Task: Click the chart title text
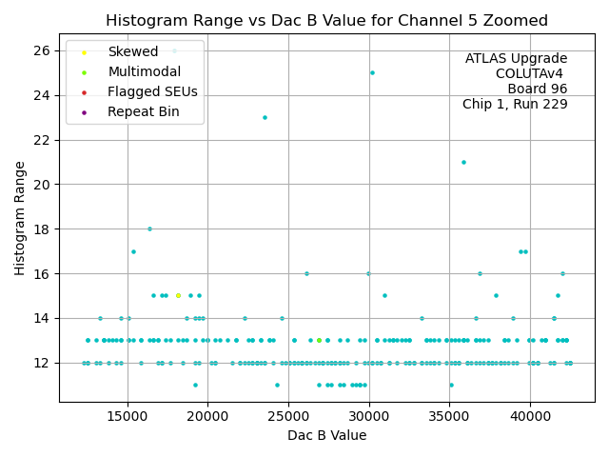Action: point(326,20)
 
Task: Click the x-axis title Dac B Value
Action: point(326,435)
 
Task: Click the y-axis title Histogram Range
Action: point(20,218)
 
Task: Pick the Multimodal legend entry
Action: point(139,71)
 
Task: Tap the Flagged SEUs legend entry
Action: point(152,91)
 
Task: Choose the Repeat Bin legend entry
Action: point(142,111)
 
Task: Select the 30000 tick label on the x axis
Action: point(369,415)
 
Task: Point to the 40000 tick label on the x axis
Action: point(530,415)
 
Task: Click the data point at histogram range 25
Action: point(372,72)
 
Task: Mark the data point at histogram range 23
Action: point(265,117)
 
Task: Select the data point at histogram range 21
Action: point(463,162)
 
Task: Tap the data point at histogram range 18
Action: point(149,228)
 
